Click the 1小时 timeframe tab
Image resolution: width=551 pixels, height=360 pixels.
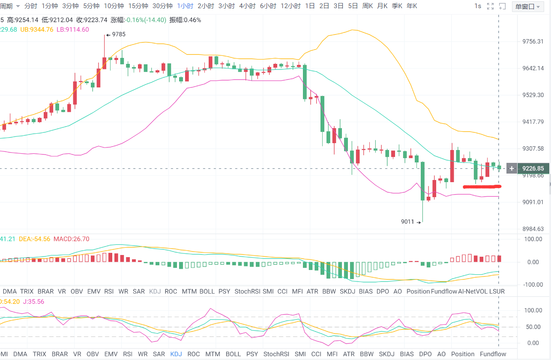click(x=185, y=6)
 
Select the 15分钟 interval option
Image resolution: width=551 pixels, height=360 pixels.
click(x=138, y=6)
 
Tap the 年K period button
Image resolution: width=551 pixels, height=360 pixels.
click(x=411, y=6)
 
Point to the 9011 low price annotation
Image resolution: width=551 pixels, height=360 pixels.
click(x=407, y=222)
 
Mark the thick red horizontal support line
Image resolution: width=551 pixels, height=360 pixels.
click(x=482, y=186)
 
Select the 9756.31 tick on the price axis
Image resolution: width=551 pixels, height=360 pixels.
click(x=533, y=42)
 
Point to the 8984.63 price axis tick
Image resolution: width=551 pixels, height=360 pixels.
click(x=533, y=229)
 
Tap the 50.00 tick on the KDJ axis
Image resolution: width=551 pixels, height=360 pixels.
click(x=533, y=327)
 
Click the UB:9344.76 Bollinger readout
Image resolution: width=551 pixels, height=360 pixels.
click(x=37, y=30)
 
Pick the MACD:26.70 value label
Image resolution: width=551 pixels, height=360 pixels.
click(x=71, y=239)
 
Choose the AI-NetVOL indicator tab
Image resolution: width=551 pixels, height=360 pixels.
click(x=473, y=291)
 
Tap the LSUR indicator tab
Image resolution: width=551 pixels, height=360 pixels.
click(x=497, y=291)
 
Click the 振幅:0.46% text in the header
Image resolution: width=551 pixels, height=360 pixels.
click(x=185, y=20)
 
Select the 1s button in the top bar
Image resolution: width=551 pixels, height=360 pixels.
click(x=478, y=6)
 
